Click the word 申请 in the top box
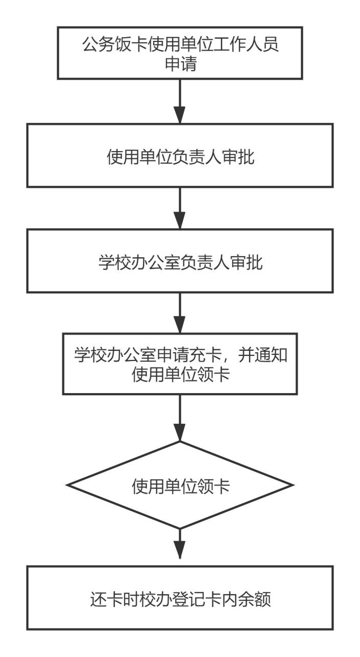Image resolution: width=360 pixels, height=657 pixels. click(x=180, y=63)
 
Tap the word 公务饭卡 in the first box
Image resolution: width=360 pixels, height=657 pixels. click(x=115, y=44)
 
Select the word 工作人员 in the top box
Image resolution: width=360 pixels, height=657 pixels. click(x=246, y=44)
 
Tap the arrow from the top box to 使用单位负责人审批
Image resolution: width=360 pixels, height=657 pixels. click(x=180, y=101)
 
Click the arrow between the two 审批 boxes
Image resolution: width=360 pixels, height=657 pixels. click(x=180, y=208)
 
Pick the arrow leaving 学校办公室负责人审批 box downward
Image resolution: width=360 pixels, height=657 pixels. click(x=180, y=313)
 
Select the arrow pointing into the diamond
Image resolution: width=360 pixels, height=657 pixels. click(x=180, y=418)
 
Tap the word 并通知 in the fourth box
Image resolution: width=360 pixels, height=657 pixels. click(x=262, y=355)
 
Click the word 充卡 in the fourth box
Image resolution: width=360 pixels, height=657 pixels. click(x=205, y=355)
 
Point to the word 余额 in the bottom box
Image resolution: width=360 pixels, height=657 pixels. click(x=254, y=599)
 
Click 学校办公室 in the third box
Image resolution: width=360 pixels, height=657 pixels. click(x=139, y=262)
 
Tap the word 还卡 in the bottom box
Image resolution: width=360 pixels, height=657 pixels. click(x=107, y=599)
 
